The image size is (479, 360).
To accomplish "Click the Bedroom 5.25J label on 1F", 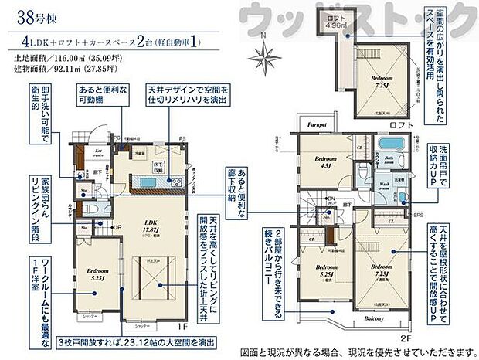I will coord(96,274).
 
